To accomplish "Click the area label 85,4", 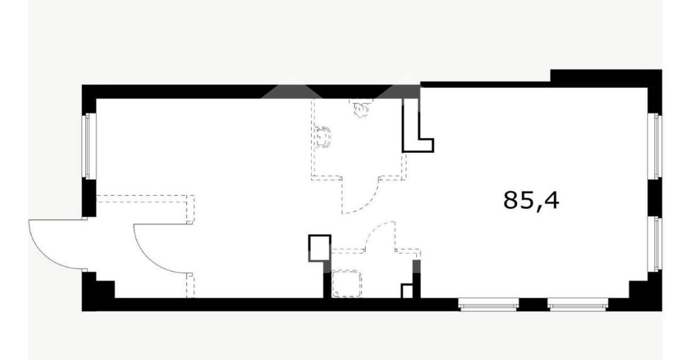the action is pos(531,201).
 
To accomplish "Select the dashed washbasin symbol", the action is pos(323,138).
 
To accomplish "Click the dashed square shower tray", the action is pos(347,283).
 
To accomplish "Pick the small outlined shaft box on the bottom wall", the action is pos(407,291).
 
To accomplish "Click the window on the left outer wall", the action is pos(89,146).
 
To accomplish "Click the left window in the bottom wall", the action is pos(488,304).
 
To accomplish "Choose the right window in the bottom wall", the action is pos(578,304).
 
